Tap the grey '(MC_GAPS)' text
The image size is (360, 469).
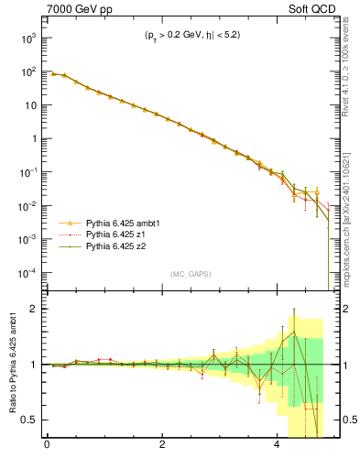pyautogui.click(x=187, y=274)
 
